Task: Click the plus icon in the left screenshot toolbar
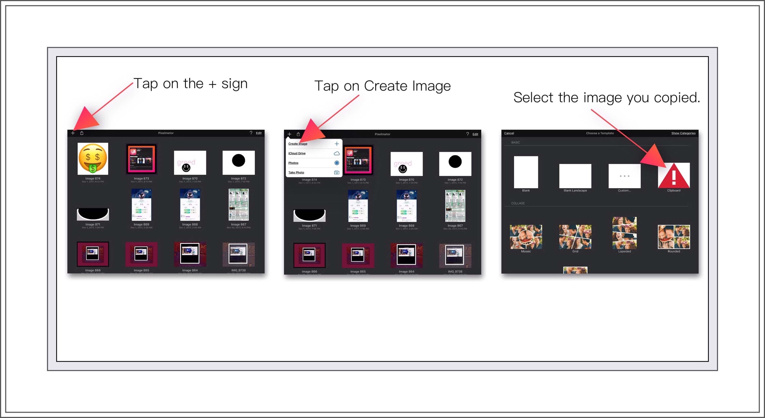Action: pyautogui.click(x=73, y=133)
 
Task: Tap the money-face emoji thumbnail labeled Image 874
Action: pyautogui.click(x=93, y=158)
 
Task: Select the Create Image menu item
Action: pyautogui.click(x=298, y=144)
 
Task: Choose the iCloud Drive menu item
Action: pyautogui.click(x=297, y=153)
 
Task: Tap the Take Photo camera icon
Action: pyautogui.click(x=337, y=172)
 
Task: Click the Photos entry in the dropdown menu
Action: pyautogui.click(x=293, y=163)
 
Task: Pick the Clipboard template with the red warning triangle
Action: pyautogui.click(x=674, y=176)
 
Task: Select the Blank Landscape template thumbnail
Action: pyautogui.click(x=575, y=176)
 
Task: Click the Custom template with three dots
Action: pyautogui.click(x=624, y=176)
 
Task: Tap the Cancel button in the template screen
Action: pyautogui.click(x=509, y=133)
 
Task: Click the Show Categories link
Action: pyautogui.click(x=683, y=133)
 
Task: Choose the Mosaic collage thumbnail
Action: pyautogui.click(x=526, y=237)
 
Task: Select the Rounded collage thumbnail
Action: pyautogui.click(x=674, y=237)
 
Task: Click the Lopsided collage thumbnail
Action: pyautogui.click(x=624, y=233)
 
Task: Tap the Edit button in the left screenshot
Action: pyautogui.click(x=259, y=133)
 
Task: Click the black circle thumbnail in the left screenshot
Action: pyautogui.click(x=238, y=161)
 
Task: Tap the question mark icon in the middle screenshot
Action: pyautogui.click(x=467, y=134)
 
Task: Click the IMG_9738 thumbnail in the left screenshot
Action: pyautogui.click(x=238, y=254)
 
